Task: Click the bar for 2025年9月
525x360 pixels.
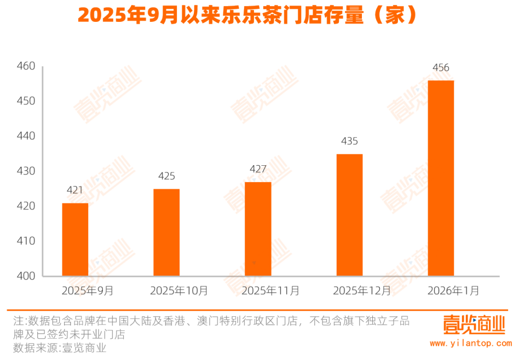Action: coord(75,239)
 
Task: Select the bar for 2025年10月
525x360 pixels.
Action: coord(166,232)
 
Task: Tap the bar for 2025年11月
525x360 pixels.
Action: coord(258,229)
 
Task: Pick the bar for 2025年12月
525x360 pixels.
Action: coord(349,214)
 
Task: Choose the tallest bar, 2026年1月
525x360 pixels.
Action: coord(441,178)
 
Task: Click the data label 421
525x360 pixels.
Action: coord(75,190)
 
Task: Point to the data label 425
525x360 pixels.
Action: coord(166,176)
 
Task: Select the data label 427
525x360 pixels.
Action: coord(258,169)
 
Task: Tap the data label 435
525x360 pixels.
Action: coord(349,141)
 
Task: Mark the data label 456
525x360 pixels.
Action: coord(441,68)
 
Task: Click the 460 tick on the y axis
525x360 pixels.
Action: coord(26,66)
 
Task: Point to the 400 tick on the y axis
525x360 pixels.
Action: coord(26,276)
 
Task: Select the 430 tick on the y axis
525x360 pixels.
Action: coord(26,171)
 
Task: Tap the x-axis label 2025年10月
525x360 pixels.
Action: coord(179,291)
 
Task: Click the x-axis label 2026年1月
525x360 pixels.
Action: coord(453,291)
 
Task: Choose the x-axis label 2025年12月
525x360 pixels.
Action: coord(362,291)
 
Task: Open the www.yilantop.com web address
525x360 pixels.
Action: coord(471,344)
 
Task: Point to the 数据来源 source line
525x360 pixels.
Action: coord(60,348)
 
